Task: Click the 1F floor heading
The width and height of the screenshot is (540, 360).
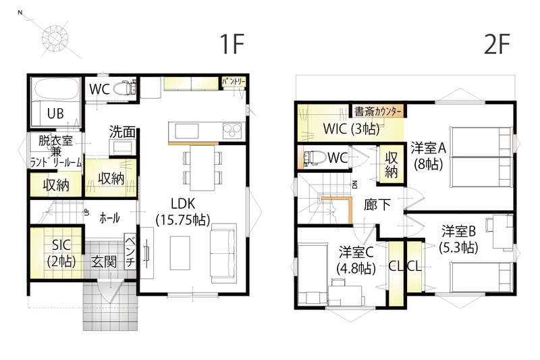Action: click(x=232, y=44)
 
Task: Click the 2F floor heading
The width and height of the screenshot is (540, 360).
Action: click(x=496, y=44)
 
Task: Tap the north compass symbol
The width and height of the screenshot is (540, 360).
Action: click(x=55, y=37)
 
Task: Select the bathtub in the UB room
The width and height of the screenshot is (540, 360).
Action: click(x=55, y=89)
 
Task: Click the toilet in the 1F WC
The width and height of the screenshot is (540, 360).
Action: click(x=124, y=88)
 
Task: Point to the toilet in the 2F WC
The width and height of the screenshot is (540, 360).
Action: click(x=314, y=158)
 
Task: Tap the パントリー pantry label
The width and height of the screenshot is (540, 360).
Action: click(x=234, y=82)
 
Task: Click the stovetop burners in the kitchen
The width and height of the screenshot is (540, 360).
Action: click(x=232, y=130)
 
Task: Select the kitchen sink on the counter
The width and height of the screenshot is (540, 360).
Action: click(x=187, y=131)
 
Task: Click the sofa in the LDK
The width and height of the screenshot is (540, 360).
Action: click(x=224, y=253)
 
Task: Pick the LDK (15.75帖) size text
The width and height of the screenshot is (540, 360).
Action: click(x=183, y=212)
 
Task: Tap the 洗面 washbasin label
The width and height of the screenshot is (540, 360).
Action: click(x=122, y=131)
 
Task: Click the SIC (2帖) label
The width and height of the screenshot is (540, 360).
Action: click(x=61, y=253)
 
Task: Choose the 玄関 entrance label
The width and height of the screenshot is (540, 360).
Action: click(x=104, y=262)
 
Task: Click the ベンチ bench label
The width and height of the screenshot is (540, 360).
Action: click(x=130, y=252)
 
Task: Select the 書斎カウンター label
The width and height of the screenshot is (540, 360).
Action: click(x=378, y=111)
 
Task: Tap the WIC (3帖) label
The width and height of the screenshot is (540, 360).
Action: click(x=351, y=129)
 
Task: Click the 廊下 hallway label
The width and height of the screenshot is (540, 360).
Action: click(x=377, y=205)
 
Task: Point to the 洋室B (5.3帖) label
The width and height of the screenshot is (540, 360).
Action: click(x=458, y=239)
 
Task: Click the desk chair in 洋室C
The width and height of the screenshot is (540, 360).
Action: click(x=337, y=282)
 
